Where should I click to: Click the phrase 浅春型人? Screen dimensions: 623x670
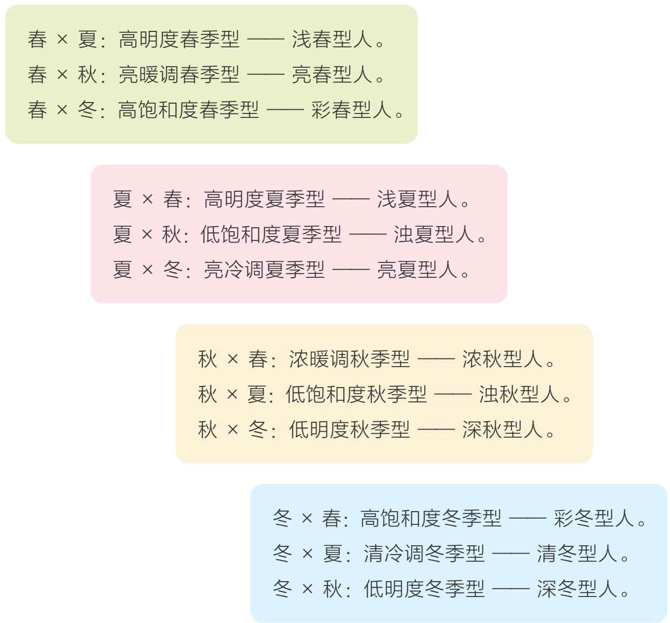(x=332, y=40)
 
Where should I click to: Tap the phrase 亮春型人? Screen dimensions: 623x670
(x=332, y=74)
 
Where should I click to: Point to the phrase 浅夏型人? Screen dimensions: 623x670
(x=418, y=199)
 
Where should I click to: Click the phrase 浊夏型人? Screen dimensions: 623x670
(x=434, y=234)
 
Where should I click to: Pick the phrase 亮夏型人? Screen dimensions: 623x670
(x=418, y=270)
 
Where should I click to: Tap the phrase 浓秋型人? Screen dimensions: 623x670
(x=502, y=359)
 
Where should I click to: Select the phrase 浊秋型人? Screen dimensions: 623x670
(x=519, y=394)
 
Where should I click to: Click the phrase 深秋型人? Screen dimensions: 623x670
(x=502, y=429)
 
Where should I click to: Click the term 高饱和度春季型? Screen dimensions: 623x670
(x=188, y=110)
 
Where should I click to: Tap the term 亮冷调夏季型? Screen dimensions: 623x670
(x=264, y=270)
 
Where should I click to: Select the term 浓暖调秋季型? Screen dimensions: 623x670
(x=349, y=359)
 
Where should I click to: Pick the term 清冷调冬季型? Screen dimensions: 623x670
(x=424, y=554)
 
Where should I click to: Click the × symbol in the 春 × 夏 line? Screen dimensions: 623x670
(x=62, y=40)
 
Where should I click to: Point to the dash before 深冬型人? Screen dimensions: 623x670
(x=510, y=589)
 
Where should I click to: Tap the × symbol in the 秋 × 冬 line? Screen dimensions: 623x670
(x=233, y=429)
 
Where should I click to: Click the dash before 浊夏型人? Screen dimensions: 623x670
(x=368, y=234)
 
